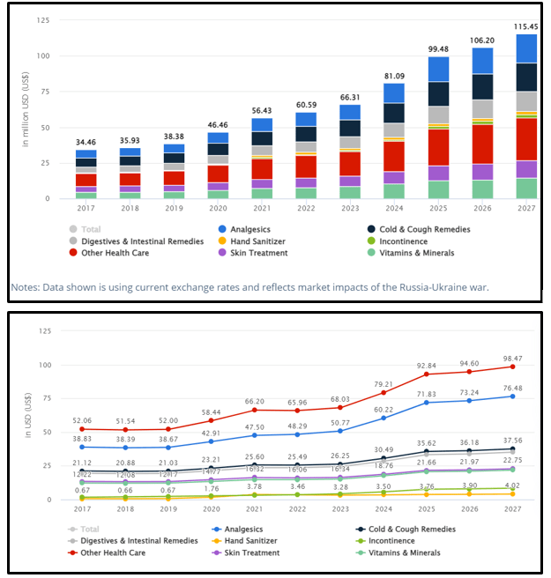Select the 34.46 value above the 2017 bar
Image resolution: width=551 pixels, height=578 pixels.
86,142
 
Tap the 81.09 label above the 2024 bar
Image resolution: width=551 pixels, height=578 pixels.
393,76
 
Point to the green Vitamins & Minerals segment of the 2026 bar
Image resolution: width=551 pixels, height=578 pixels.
483,189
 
